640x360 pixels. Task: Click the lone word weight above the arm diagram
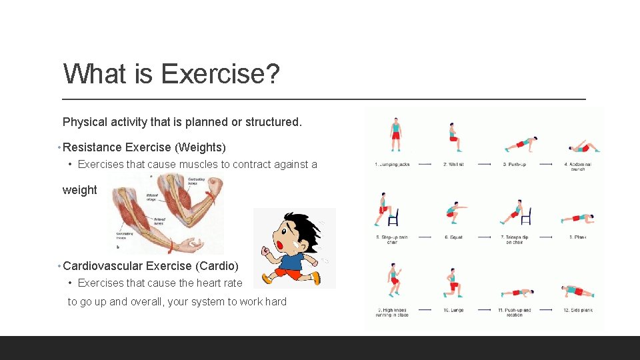[x=79, y=190]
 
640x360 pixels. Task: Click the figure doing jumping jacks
[x=396, y=135]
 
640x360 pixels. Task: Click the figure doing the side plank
[x=577, y=291]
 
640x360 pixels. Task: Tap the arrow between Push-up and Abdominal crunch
[x=549, y=164]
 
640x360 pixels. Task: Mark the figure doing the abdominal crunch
[x=583, y=147]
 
